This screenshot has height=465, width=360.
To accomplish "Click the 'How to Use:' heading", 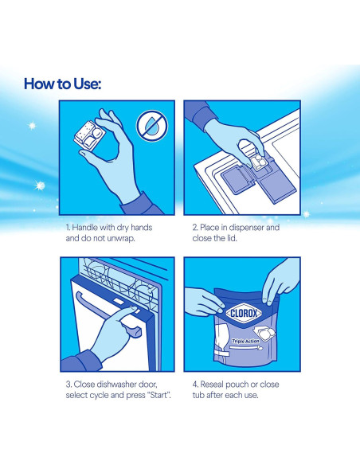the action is click(x=62, y=84).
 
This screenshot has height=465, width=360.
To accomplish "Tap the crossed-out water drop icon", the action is click(x=152, y=126).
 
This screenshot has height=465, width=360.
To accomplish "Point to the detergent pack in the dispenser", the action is click(x=259, y=161).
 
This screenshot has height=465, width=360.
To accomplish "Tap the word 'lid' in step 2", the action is click(x=231, y=238).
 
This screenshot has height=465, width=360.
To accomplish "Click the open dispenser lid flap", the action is click(x=237, y=179).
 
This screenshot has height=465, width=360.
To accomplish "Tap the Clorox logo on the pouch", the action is click(x=244, y=313).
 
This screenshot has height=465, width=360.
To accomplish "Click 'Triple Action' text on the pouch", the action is click(x=245, y=341).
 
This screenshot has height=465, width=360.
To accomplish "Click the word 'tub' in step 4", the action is click(x=198, y=395).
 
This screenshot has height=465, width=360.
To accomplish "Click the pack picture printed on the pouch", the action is click(x=264, y=334).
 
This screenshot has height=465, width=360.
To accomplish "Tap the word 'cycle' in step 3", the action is click(x=99, y=395).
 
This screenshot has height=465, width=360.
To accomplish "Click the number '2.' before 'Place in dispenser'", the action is click(x=195, y=228).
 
